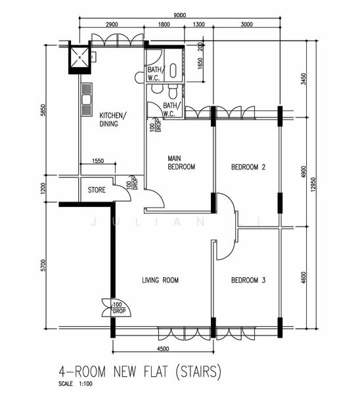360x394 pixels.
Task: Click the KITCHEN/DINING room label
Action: (x=113, y=120)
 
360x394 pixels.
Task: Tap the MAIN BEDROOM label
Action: (x=181, y=162)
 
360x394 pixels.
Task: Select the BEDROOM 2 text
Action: (x=248, y=167)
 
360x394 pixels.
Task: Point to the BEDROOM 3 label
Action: (x=248, y=281)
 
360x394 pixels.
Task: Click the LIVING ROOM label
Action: (x=160, y=280)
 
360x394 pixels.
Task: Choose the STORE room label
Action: (x=97, y=190)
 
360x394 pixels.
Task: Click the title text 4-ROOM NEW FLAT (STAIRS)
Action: (x=136, y=372)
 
